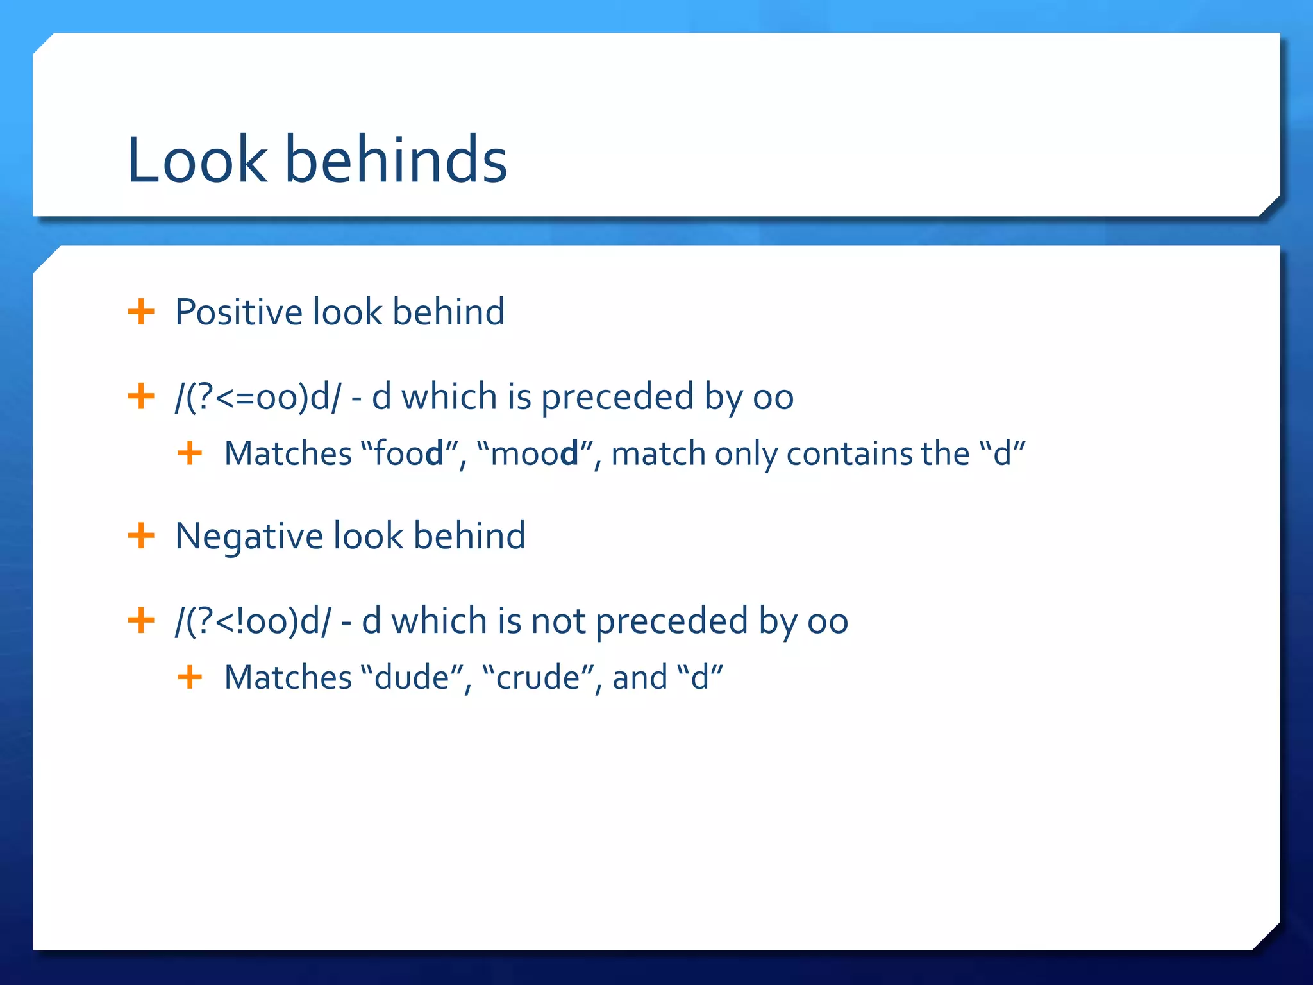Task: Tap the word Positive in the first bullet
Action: point(238,312)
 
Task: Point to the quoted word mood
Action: point(534,454)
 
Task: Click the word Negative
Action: point(249,536)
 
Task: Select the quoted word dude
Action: point(412,678)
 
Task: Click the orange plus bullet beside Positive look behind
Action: point(141,312)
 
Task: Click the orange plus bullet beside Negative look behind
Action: point(141,535)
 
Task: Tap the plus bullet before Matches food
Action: point(190,453)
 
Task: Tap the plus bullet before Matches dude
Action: point(190,677)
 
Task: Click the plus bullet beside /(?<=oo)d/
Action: point(141,396)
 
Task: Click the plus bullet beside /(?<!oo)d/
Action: point(141,620)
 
